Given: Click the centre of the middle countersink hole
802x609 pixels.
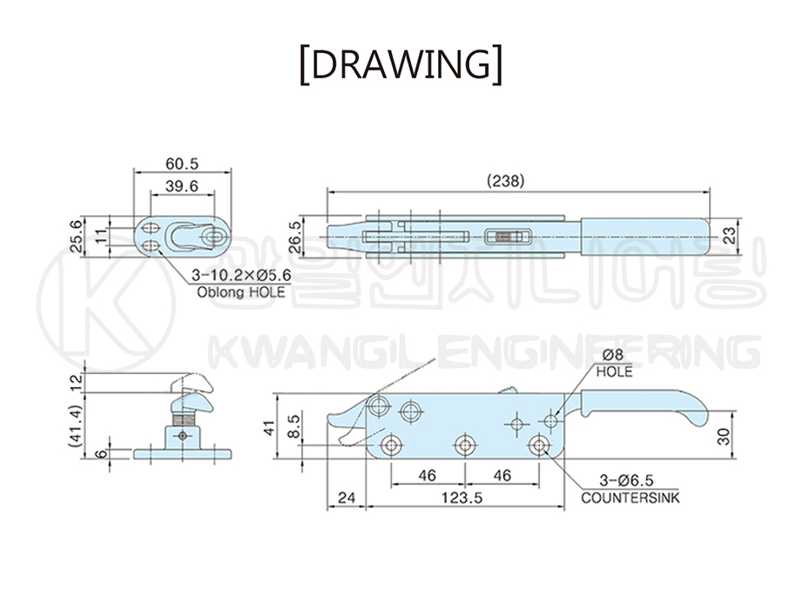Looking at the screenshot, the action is coord(464,445).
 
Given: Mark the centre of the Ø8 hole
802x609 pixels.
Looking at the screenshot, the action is coord(551,421).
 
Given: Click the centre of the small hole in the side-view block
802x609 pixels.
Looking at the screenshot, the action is coord(182,436).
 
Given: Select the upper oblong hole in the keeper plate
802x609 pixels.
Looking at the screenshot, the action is coord(151,227).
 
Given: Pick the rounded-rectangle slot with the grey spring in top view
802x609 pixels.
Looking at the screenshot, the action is coord(508,237).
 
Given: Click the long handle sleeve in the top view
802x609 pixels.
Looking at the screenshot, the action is coord(645,237).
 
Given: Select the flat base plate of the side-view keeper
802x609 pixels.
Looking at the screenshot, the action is coord(182,454).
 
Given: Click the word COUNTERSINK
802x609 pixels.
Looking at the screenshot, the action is coord(630,498).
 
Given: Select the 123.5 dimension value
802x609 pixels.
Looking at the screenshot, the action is coord(462,497).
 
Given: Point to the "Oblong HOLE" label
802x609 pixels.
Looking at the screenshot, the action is coord(241,292).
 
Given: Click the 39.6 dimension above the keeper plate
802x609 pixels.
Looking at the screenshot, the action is coord(182,186).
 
